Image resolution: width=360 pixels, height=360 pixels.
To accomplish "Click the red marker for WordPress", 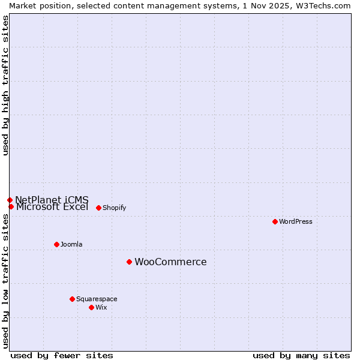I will pyautogui.click(x=275, y=221).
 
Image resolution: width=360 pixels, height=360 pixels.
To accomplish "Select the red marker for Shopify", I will pyautogui.click(x=98, y=208).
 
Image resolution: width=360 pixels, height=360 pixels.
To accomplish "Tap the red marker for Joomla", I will pyautogui.click(x=56, y=244).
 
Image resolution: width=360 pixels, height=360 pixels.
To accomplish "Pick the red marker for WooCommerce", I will pyautogui.click(x=129, y=262).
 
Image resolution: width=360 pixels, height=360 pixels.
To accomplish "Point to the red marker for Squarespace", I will pyautogui.click(x=72, y=299).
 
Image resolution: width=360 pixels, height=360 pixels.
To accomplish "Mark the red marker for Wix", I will pyautogui.click(x=91, y=307).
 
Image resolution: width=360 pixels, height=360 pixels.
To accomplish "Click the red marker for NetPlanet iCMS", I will pyautogui.click(x=10, y=200).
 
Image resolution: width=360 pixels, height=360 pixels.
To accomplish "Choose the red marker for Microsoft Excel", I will pyautogui.click(x=11, y=206).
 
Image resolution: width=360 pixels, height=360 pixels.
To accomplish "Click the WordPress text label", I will pyautogui.click(x=296, y=221).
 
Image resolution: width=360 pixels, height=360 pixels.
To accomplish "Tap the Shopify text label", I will pyautogui.click(x=114, y=208).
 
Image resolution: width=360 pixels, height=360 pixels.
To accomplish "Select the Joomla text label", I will pyautogui.click(x=71, y=244).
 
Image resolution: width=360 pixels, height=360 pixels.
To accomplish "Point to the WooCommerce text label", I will pyautogui.click(x=170, y=262).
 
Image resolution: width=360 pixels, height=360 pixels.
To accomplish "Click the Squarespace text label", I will pyautogui.click(x=97, y=299).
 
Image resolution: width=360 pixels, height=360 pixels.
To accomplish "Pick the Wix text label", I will pyautogui.click(x=101, y=307).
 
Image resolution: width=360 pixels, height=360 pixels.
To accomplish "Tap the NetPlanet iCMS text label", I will pyautogui.click(x=52, y=199).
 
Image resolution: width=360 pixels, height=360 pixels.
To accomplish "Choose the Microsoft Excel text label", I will pyautogui.click(x=52, y=207).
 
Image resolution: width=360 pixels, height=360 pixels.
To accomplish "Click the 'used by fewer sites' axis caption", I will pyautogui.click(x=62, y=355).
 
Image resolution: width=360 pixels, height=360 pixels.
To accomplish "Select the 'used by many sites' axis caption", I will pyautogui.click(x=301, y=355).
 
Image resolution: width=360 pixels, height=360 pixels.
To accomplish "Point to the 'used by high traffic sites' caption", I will pyautogui.click(x=5, y=85).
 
